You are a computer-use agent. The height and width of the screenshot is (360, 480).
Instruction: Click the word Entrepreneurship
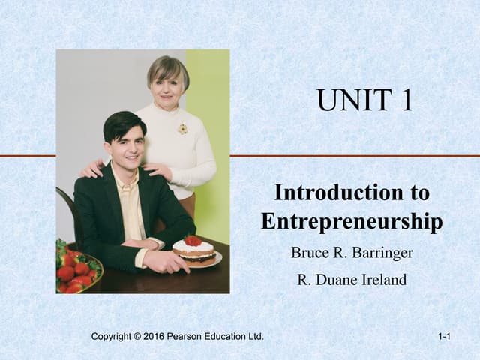[x=352, y=221]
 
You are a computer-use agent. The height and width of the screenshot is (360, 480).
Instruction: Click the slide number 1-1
[x=443, y=337]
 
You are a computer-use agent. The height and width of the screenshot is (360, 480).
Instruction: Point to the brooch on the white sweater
[x=182, y=129]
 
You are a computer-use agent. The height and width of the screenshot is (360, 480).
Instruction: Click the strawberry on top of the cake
[x=193, y=241]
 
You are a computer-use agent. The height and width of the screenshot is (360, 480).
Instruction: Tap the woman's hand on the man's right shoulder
[x=93, y=168]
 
